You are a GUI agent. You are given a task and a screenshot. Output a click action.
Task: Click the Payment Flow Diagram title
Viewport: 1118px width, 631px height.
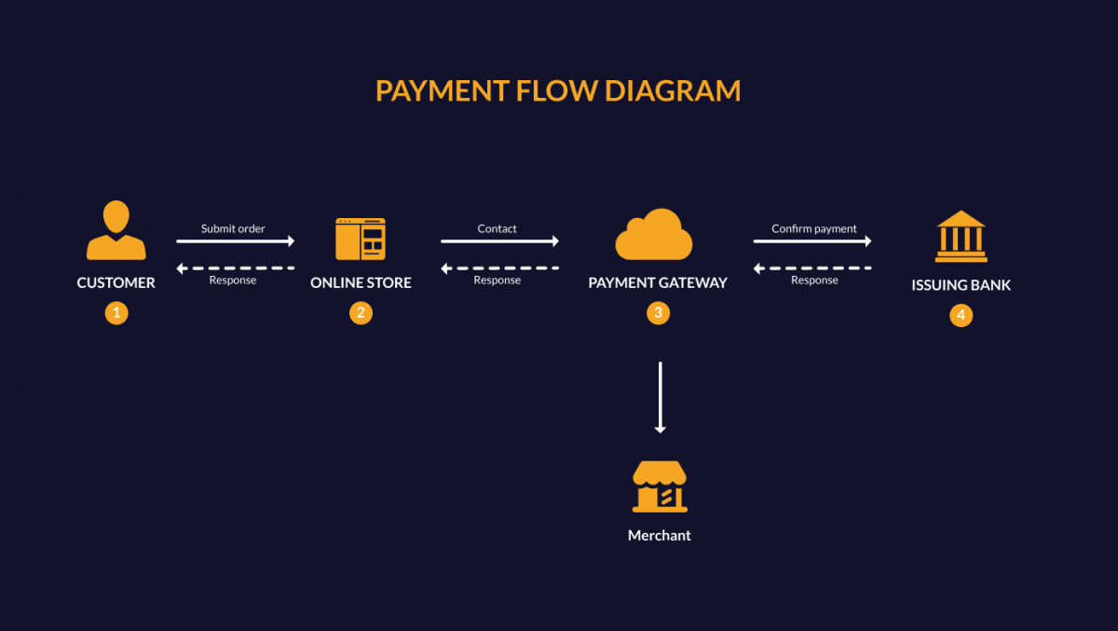pos(558,90)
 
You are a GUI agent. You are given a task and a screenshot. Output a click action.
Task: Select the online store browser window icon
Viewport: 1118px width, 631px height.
pos(361,240)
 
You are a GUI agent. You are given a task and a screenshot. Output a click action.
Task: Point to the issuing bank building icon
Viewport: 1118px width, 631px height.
pos(961,237)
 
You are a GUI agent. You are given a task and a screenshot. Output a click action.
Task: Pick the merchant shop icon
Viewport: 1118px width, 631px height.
pos(660,487)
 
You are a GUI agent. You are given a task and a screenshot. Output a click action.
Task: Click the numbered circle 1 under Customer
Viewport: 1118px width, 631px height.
pos(116,313)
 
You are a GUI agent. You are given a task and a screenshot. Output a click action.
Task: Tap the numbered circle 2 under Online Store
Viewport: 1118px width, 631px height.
pos(361,313)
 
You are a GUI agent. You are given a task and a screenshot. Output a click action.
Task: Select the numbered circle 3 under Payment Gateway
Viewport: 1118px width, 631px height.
pos(658,313)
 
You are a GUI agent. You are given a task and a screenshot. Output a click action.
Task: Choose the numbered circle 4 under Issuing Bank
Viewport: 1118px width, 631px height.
pos(961,315)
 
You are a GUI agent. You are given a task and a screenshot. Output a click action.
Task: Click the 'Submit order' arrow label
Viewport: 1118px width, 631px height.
pos(233,228)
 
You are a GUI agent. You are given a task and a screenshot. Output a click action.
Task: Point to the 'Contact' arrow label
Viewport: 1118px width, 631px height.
pos(497,228)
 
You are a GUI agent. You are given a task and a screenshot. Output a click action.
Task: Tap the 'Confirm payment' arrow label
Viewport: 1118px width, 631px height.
pos(813,228)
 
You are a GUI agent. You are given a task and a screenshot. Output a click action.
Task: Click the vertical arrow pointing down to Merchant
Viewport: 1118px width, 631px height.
pos(660,397)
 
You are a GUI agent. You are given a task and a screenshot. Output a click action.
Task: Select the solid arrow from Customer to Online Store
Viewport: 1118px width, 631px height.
pos(235,241)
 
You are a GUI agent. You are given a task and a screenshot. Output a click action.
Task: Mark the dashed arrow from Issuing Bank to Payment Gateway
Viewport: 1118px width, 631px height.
pos(812,268)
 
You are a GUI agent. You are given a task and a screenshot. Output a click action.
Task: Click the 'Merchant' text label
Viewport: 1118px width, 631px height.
pos(660,535)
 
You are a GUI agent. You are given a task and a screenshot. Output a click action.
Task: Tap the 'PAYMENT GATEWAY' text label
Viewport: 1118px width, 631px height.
pos(658,282)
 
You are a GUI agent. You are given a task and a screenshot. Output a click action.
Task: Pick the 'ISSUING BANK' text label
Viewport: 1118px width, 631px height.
pos(961,285)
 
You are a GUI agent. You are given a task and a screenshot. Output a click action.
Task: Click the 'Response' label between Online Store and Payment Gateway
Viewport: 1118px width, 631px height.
pos(497,280)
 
